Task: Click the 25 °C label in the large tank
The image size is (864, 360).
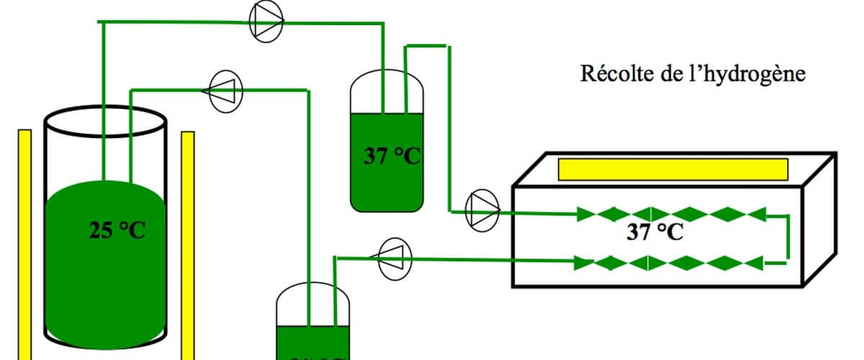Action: pos(117,230)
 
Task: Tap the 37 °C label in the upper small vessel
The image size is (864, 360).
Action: pos(391,156)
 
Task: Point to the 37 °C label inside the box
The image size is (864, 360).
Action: pos(654,233)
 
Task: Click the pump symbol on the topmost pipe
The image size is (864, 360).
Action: pos(266,22)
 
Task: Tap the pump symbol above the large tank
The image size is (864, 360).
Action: pos(225,91)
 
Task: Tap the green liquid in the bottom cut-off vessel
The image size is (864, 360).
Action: pos(315,343)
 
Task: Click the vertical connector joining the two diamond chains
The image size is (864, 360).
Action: pos(788,238)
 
